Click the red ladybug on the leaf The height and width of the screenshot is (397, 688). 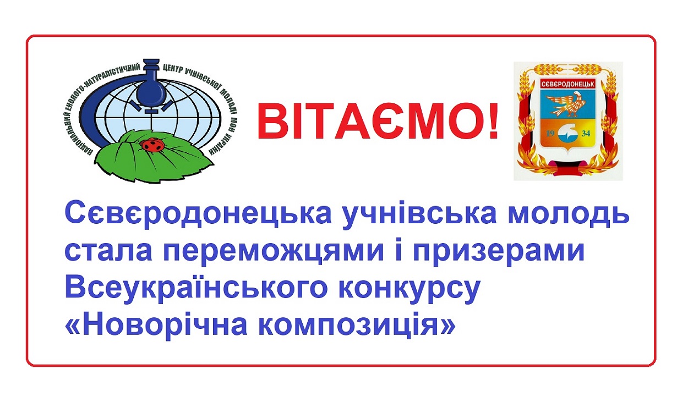152,145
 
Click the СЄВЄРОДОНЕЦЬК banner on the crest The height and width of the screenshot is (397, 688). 568,84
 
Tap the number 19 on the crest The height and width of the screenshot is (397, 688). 550,134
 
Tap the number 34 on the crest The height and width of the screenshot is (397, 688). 586,134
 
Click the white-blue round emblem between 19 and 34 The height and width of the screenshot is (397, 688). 568,134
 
